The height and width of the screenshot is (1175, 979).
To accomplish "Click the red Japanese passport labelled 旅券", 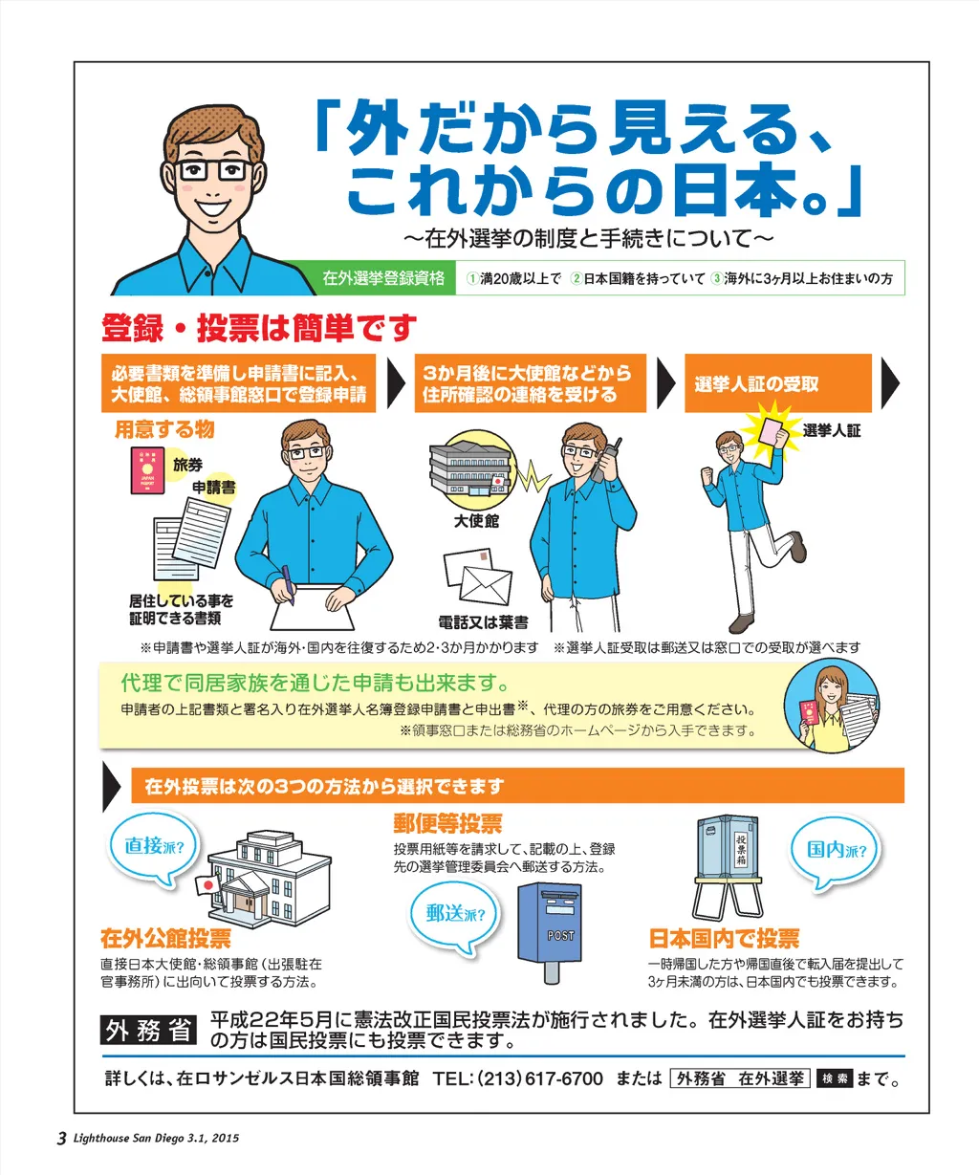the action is click(x=147, y=470).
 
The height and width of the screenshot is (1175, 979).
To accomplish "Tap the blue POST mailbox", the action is click(x=550, y=931).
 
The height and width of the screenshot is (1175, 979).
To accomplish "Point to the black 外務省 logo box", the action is click(x=148, y=1030).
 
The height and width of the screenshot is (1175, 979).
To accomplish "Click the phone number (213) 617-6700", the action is click(x=540, y=1078).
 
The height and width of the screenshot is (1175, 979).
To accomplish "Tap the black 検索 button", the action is click(x=835, y=1078).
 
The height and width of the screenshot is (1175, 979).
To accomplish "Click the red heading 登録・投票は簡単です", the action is click(x=259, y=328).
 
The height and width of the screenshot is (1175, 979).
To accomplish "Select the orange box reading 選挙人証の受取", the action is click(x=777, y=383).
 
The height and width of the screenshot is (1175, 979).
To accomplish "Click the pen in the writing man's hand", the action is click(x=289, y=584).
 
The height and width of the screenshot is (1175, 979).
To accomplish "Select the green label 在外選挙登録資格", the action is click(x=383, y=278).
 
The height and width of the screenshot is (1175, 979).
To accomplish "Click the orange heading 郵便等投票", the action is click(x=447, y=824).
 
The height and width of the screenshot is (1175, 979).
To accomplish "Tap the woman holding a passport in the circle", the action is click(x=831, y=706).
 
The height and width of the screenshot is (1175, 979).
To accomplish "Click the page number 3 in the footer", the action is click(x=62, y=1138).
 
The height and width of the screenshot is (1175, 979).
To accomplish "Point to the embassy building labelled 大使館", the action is click(x=471, y=468).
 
